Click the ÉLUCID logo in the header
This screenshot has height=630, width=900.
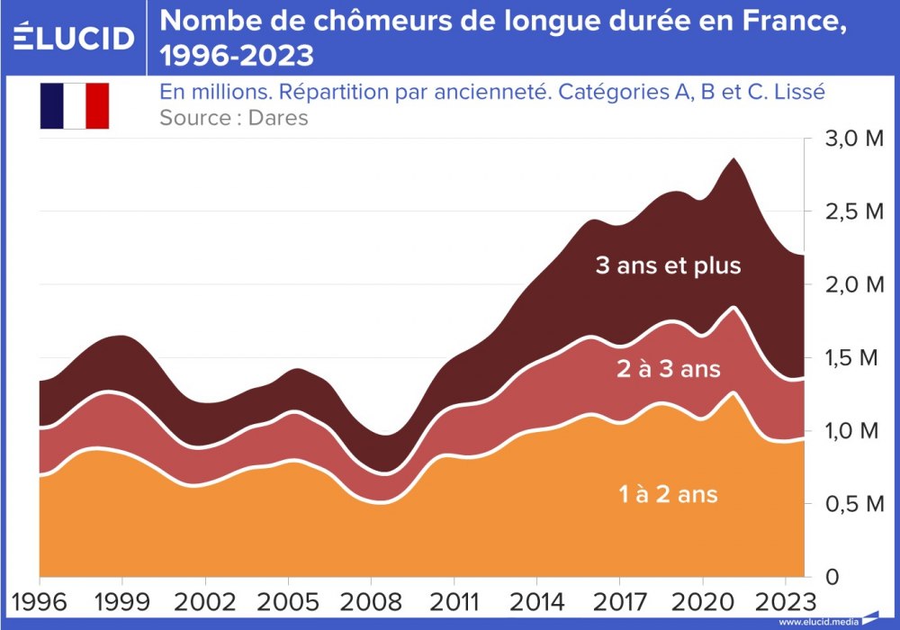tap(75, 38)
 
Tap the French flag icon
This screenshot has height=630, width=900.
tap(74, 105)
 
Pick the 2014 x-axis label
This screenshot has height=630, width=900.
tap(534, 601)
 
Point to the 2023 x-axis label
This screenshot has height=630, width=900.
tap(780, 601)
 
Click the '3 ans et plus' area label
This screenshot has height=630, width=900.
tap(668, 265)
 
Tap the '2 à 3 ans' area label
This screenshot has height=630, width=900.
tap(668, 369)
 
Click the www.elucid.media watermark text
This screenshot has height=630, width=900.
tap(818, 622)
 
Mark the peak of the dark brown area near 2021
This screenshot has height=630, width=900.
tap(734, 159)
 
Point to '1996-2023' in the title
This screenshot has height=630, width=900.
tap(237, 56)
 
